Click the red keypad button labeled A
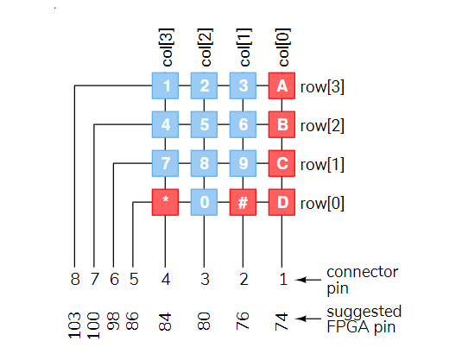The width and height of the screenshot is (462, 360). (282, 85)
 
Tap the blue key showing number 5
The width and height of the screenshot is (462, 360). (204, 124)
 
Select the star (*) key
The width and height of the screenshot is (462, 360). (165, 202)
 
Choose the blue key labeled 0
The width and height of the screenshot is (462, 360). (204, 202)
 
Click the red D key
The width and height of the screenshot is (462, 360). (282, 202)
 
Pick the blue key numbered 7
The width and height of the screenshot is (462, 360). (165, 163)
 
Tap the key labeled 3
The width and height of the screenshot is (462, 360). (243, 85)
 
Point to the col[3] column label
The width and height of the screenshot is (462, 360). (167, 47)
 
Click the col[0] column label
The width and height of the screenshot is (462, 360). (283, 47)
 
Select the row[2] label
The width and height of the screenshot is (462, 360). (322, 126)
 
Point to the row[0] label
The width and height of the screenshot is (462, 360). (322, 203)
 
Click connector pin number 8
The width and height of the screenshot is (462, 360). (75, 279)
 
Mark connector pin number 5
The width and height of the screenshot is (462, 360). (134, 279)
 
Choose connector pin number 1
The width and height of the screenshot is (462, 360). (283, 279)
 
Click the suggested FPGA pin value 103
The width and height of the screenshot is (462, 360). (74, 325)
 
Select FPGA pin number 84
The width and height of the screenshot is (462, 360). (165, 322)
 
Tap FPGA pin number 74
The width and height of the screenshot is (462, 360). (282, 322)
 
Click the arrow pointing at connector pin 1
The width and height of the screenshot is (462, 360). (308, 280)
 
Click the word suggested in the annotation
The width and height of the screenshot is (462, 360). (364, 312)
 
